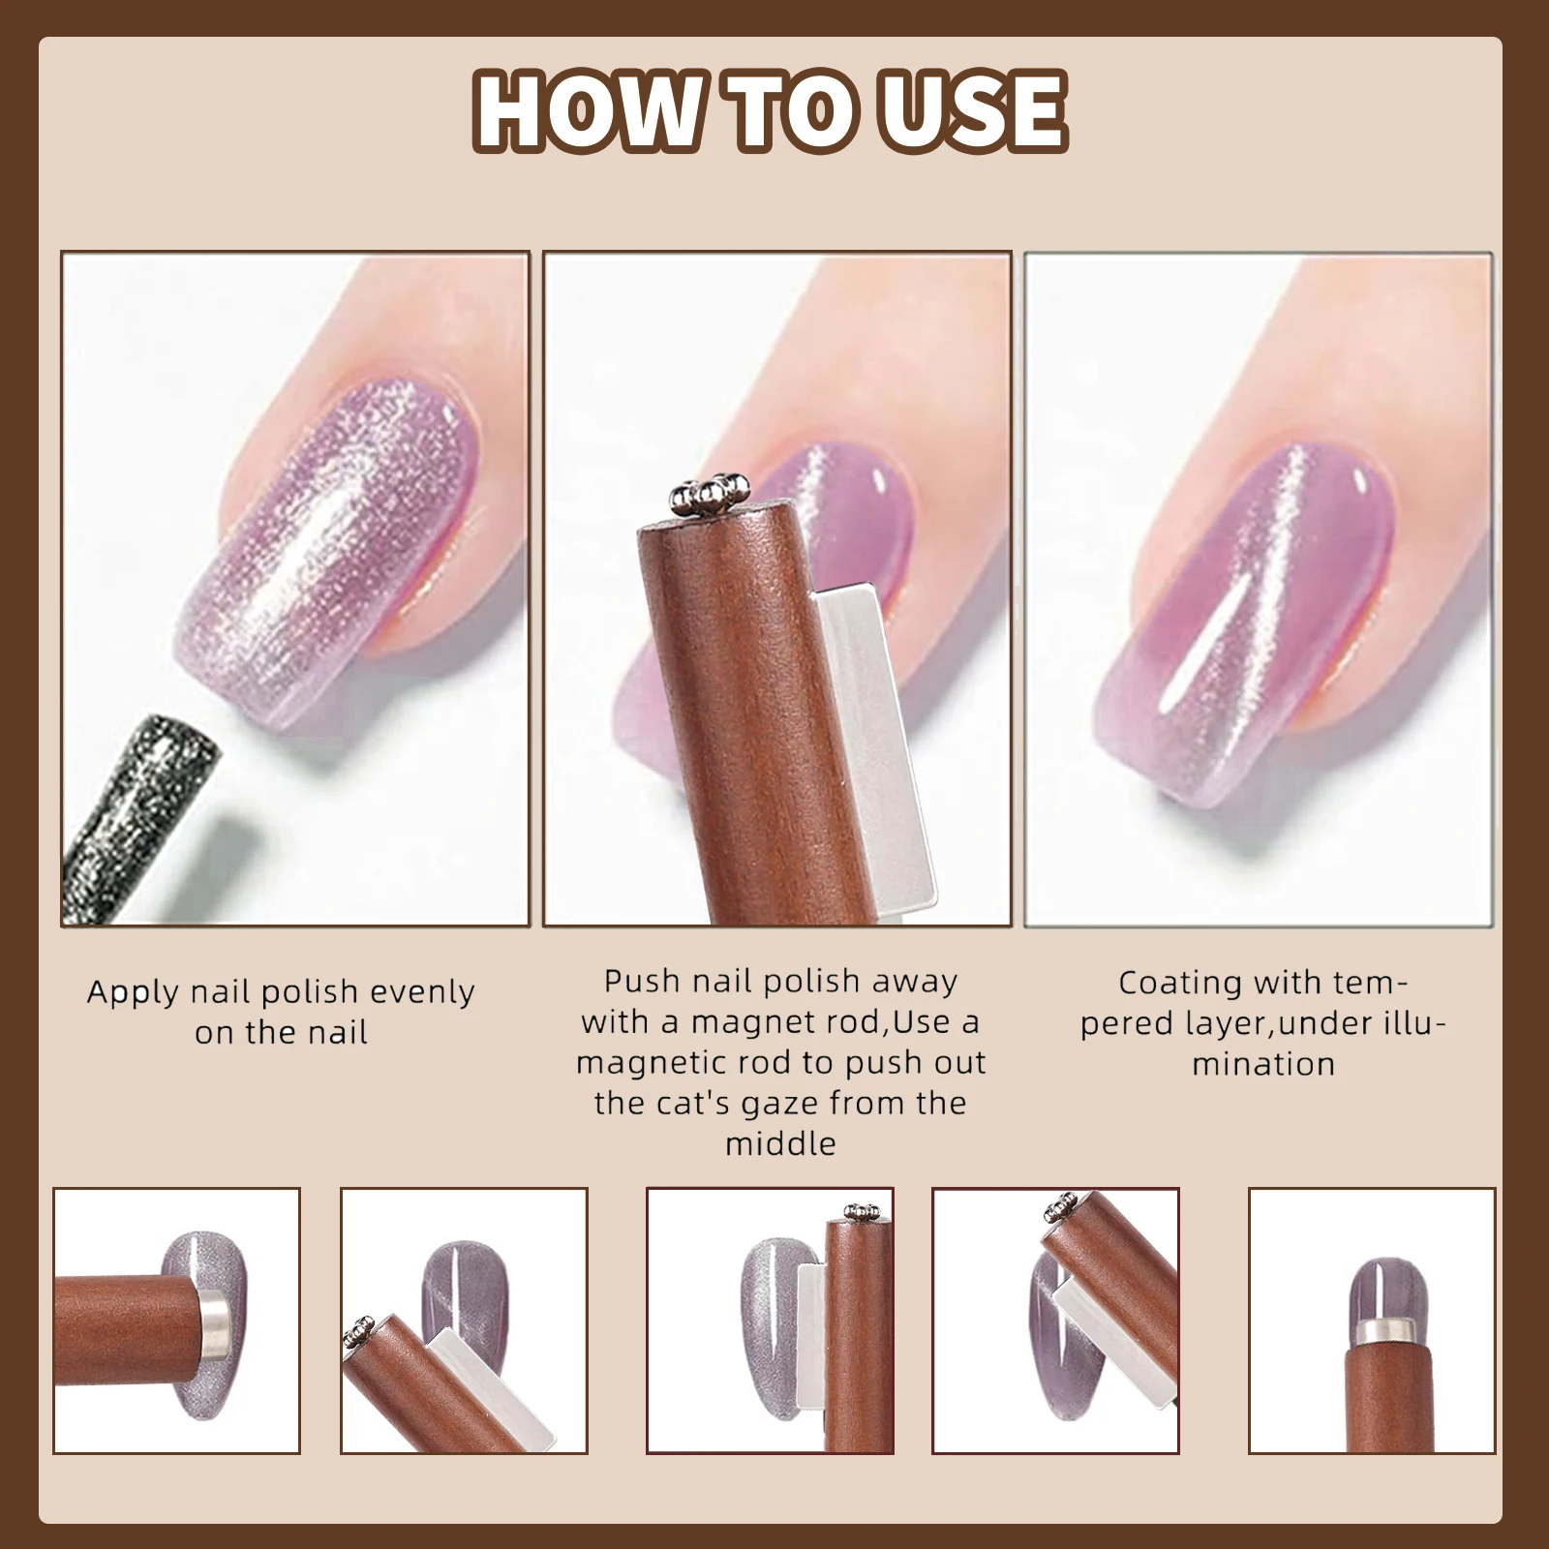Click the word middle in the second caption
tap(780, 1143)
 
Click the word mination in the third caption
tap(1263, 1064)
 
